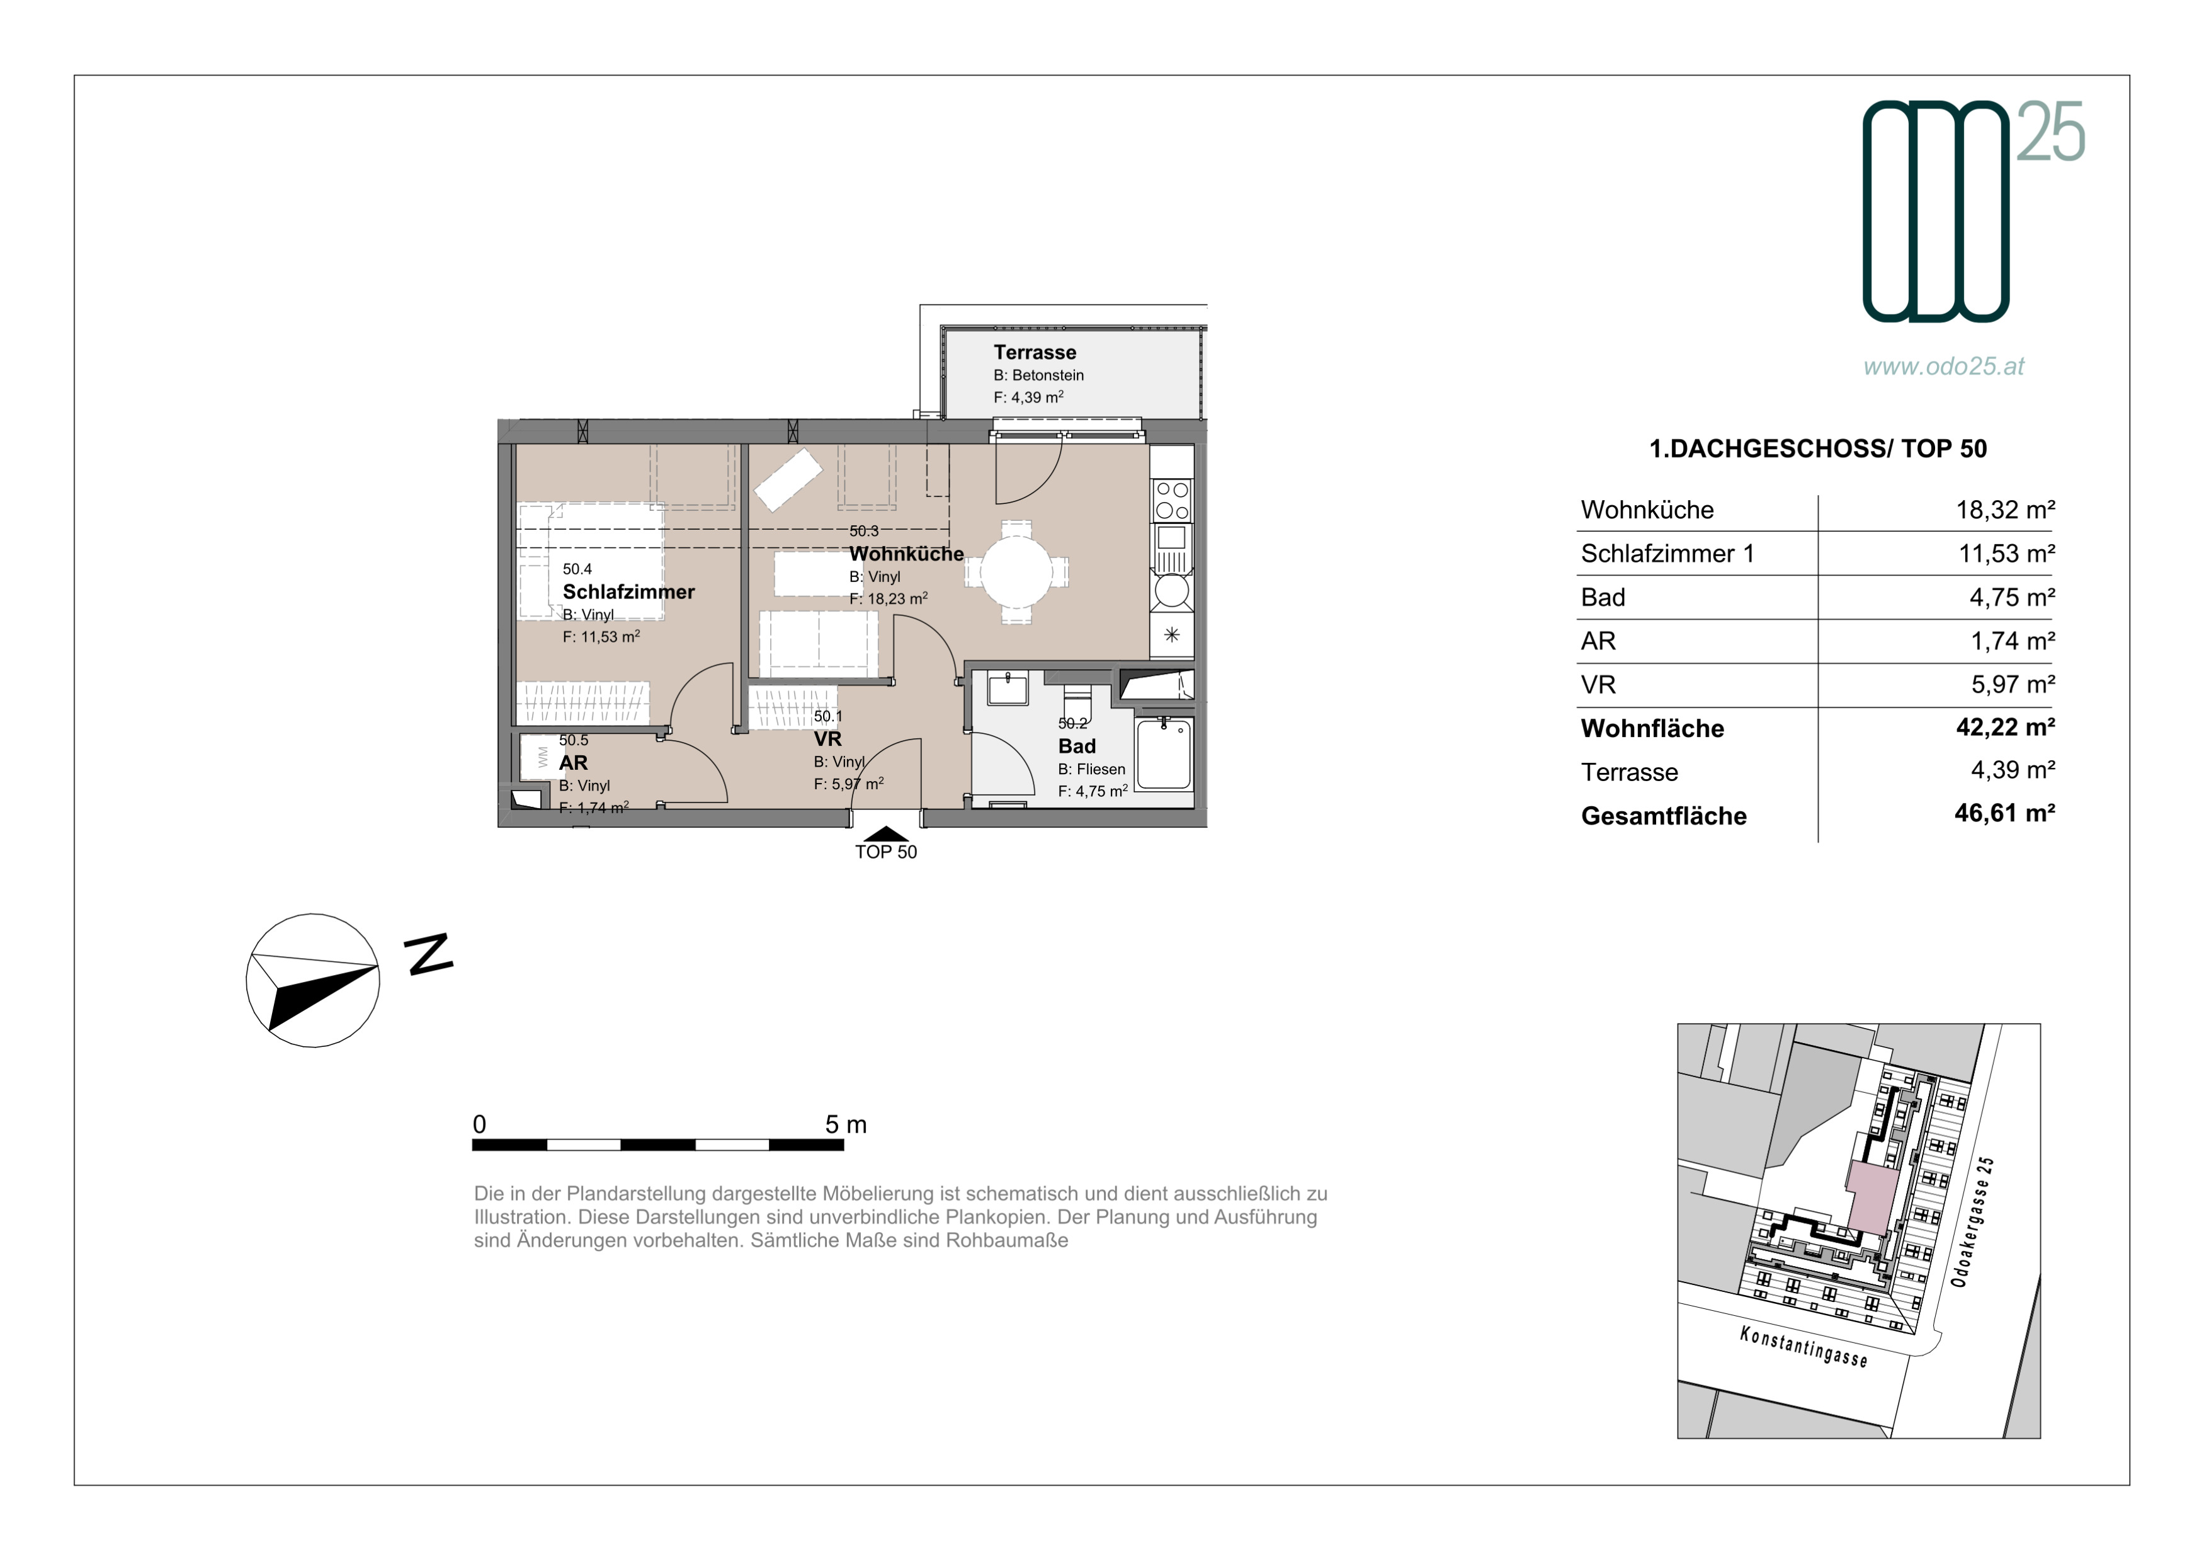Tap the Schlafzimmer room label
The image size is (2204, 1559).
[x=628, y=591]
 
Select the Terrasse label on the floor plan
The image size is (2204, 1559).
[x=1035, y=352]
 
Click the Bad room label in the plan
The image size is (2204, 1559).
[x=1076, y=746]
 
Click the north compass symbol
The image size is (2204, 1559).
[x=313, y=980]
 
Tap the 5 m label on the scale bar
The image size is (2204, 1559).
[x=846, y=1124]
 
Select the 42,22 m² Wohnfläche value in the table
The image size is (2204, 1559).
[x=2005, y=728]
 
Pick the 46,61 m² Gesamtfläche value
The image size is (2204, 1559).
[x=2005, y=814]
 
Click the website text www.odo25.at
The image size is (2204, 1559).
[x=1944, y=366]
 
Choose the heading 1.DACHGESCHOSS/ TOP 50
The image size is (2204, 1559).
[x=1818, y=448]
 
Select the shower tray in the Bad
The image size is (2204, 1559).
[x=1164, y=753]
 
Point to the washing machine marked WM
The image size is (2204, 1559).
[x=540, y=757]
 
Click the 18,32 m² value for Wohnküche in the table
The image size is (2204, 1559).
[x=2005, y=509]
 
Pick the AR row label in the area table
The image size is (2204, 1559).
[x=1598, y=641]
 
